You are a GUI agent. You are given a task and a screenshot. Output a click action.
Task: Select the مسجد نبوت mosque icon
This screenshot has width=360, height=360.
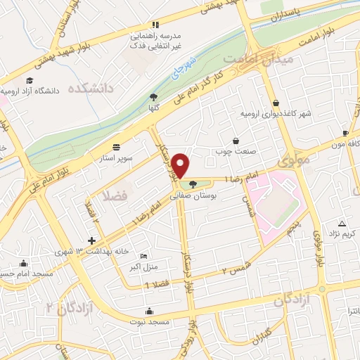coord(149,311)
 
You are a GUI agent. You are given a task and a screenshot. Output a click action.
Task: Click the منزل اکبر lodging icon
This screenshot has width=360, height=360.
coord(144,256)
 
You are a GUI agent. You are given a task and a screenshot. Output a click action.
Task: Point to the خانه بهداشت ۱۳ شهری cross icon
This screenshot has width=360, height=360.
coord(91,240)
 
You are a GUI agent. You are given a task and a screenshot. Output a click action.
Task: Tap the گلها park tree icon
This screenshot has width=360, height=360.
coord(154,98)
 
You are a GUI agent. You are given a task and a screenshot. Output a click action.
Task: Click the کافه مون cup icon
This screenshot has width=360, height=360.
coord(345,133)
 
